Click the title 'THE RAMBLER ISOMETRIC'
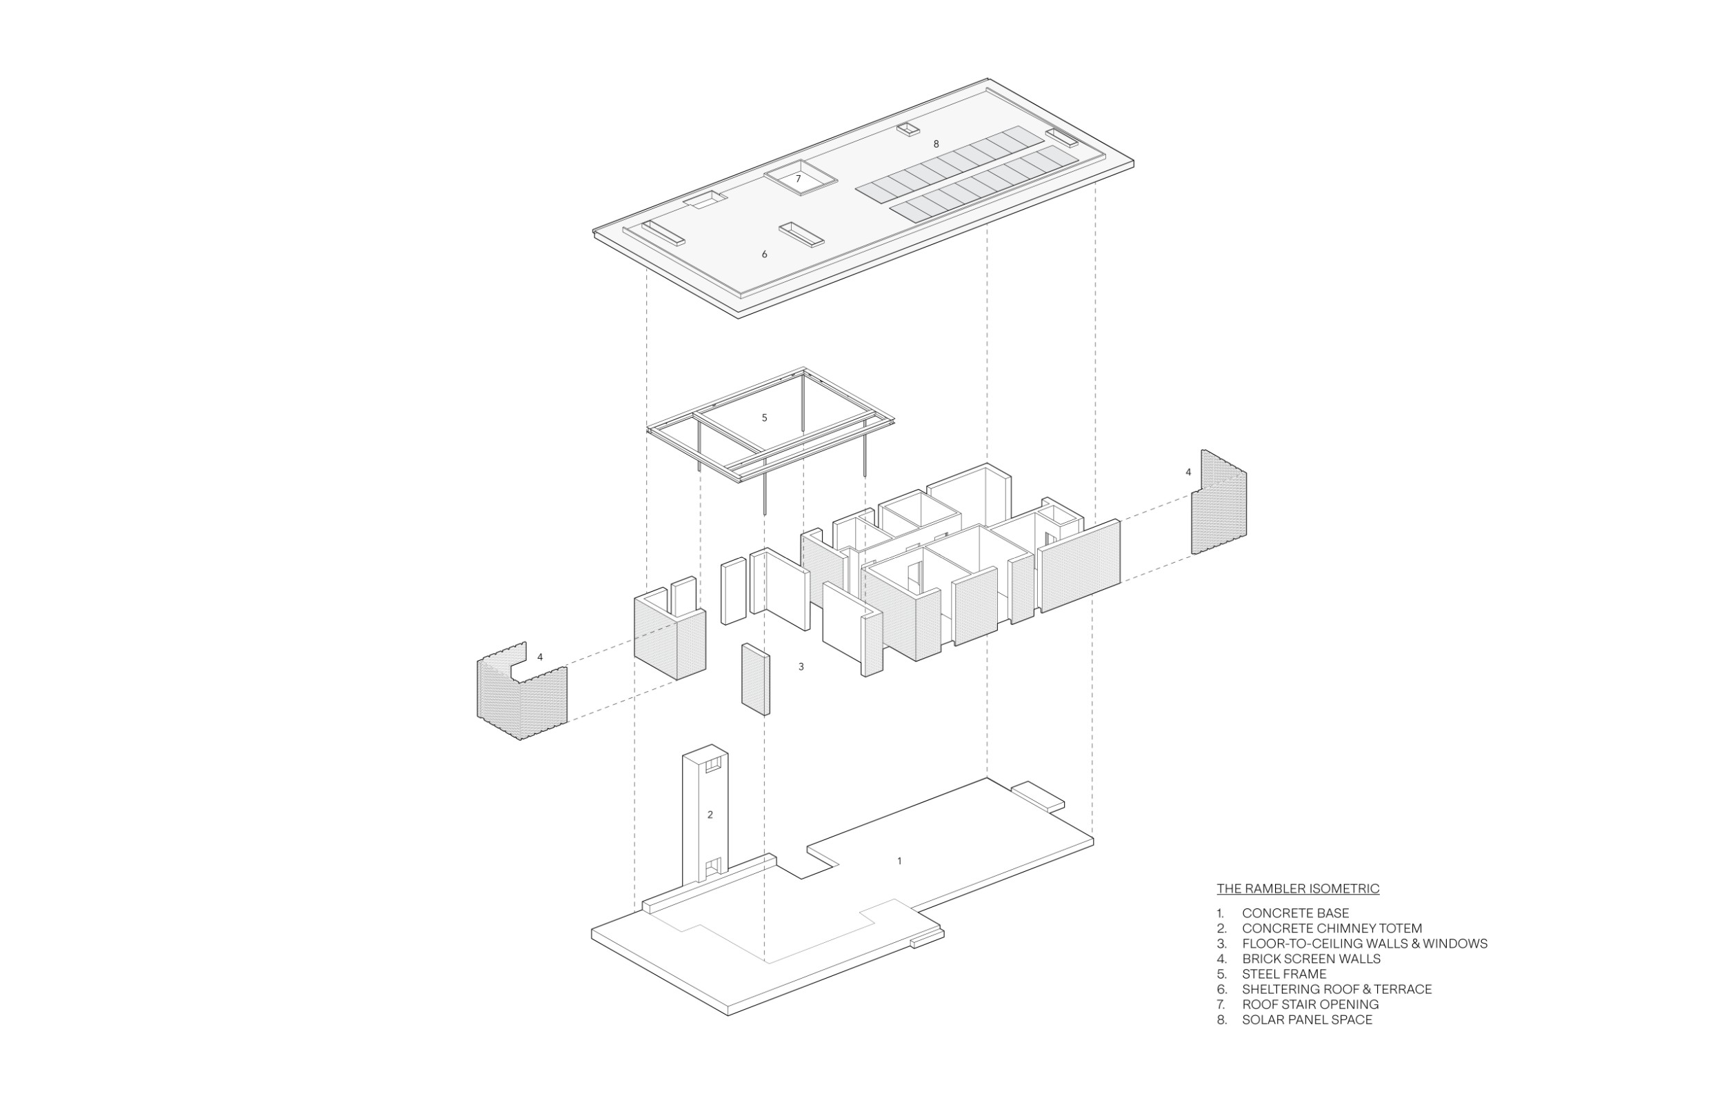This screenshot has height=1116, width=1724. coord(1298,888)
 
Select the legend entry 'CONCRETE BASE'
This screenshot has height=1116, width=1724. coord(1296,913)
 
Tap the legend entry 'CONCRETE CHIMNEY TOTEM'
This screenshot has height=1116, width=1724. coord(1332,928)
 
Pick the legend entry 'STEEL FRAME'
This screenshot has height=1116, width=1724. coord(1284,974)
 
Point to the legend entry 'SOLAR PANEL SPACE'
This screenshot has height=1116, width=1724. coord(1307,1019)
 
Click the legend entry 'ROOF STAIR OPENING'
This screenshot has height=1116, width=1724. coord(1310,1004)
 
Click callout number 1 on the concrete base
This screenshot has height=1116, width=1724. coord(900,861)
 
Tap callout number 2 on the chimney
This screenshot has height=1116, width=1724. coord(710,815)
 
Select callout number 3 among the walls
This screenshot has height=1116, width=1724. coord(801,666)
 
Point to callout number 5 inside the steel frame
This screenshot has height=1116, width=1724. coord(764,417)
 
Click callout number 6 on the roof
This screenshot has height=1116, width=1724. coord(764,255)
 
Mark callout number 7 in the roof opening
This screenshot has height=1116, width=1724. coord(799,178)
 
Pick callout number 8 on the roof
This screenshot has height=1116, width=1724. coord(936,144)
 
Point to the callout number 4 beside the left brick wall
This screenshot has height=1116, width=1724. coord(540,657)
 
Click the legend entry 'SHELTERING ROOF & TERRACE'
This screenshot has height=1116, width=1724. coord(1337,989)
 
